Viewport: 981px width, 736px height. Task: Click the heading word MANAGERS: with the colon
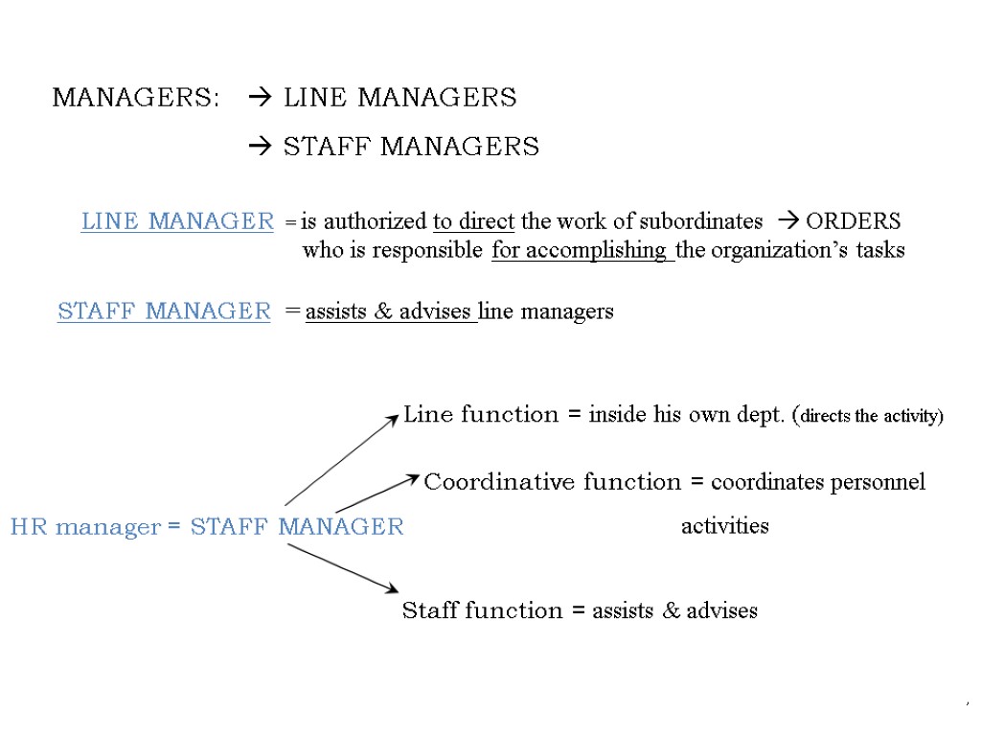(x=135, y=98)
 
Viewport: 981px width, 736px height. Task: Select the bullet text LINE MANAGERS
(x=399, y=98)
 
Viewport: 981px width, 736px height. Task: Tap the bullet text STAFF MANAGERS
(x=411, y=147)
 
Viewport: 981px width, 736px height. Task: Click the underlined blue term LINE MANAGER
(x=177, y=221)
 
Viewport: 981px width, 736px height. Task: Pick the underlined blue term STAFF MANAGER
(x=164, y=311)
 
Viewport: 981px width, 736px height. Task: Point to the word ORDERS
(x=853, y=221)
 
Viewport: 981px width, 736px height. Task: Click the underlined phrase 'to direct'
(x=473, y=221)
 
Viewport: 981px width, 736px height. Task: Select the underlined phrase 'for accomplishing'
(x=580, y=251)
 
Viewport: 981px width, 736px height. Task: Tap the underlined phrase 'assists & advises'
(x=388, y=311)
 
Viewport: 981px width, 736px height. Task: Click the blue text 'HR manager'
(x=85, y=527)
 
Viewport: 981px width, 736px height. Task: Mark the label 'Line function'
(x=481, y=415)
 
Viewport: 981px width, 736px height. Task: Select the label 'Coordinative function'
(x=552, y=482)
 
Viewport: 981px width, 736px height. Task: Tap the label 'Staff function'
(x=482, y=610)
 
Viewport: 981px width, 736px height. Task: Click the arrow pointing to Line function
(x=341, y=459)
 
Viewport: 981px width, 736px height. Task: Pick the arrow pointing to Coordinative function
(x=376, y=493)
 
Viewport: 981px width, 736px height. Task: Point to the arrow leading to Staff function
(x=342, y=567)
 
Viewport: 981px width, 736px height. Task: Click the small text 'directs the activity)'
(x=872, y=417)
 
